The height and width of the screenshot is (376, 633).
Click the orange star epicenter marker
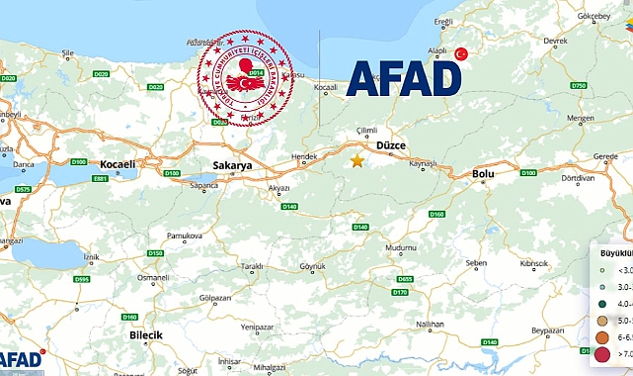[357, 160]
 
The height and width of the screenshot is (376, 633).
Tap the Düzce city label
[390, 145]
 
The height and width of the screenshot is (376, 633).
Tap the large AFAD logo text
[404, 78]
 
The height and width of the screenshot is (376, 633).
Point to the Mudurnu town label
[401, 247]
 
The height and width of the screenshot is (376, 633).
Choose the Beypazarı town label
[547, 330]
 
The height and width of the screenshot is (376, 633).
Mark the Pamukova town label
[185, 236]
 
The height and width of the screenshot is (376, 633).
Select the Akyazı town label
[279, 186]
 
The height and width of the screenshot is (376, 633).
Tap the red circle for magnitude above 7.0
[602, 353]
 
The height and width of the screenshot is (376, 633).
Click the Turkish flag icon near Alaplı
[460, 53]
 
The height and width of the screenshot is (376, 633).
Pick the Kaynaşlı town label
[422, 163]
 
